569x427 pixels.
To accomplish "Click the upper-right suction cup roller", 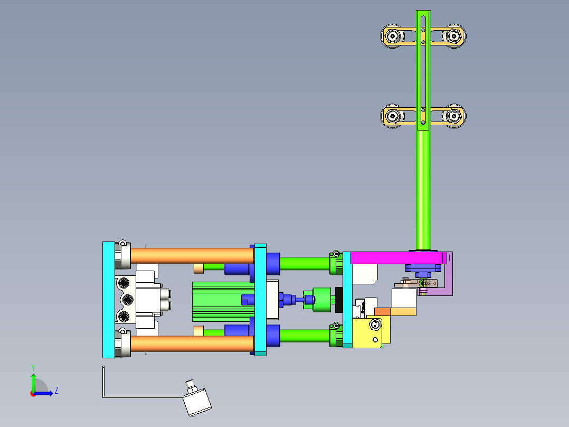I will coord(453,36).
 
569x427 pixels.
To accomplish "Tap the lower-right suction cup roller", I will coord(453,116).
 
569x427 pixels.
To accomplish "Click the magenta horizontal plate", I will coord(396,257).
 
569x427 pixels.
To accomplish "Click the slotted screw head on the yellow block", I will coord(376,324).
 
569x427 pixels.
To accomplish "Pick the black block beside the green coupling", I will coord(338,300).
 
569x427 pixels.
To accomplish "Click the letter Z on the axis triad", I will coord(56,391).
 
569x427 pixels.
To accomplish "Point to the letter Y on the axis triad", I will coord(33,367).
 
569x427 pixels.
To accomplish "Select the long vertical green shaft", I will coord(423,190).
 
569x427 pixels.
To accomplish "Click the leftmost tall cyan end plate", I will coord(108,300).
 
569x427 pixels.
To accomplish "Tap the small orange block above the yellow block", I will coord(382,312).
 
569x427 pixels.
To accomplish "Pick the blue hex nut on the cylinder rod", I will coord(288,300).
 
